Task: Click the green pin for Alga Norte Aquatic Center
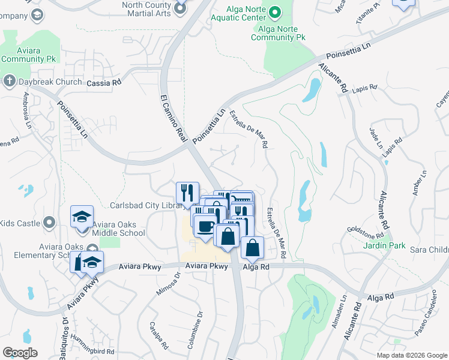(275, 11)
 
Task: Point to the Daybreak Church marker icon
(8, 80)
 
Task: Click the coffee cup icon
(205, 227)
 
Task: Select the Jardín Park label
(384, 245)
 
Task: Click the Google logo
(20, 353)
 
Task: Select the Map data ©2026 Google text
(411, 355)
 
